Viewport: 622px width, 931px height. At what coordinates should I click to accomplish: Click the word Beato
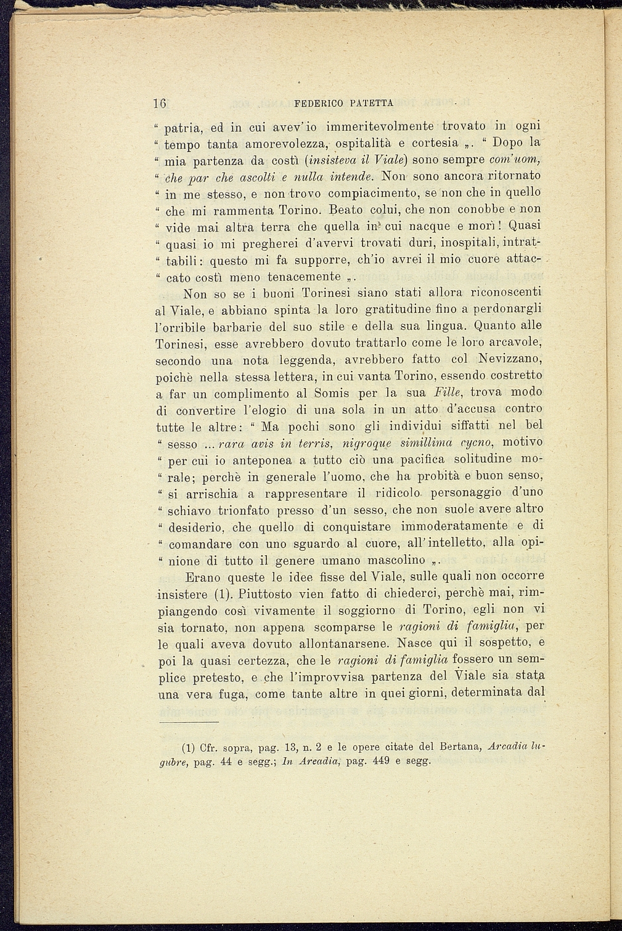point(350,209)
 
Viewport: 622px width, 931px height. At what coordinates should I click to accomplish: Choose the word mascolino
point(396,561)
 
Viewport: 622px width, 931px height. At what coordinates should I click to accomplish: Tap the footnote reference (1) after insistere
point(222,595)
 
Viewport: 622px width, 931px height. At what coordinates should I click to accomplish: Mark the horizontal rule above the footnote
point(189,722)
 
